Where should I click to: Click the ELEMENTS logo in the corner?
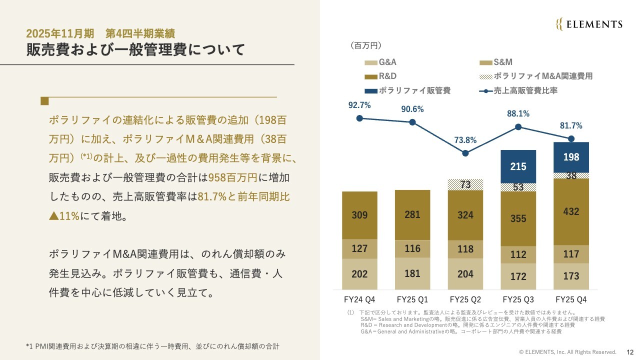[x=589, y=24]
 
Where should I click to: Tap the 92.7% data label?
[x=359, y=105]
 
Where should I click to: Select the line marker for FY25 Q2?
[x=465, y=153]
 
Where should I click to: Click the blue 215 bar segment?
[x=518, y=166]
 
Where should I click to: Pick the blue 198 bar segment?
[x=571, y=157]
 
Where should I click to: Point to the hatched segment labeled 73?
[x=465, y=184]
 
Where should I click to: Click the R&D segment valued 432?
[x=571, y=211]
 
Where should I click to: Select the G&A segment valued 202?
[x=359, y=274]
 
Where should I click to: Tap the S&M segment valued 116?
[x=412, y=248]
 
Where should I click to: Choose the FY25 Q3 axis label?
[x=518, y=299]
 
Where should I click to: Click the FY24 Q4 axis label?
[x=359, y=299]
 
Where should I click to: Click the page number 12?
[x=629, y=352]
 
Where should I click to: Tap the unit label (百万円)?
[x=366, y=45]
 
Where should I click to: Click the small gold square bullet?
[x=44, y=101]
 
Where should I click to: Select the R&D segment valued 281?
[x=412, y=215]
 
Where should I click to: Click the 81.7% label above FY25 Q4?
[x=571, y=125]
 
